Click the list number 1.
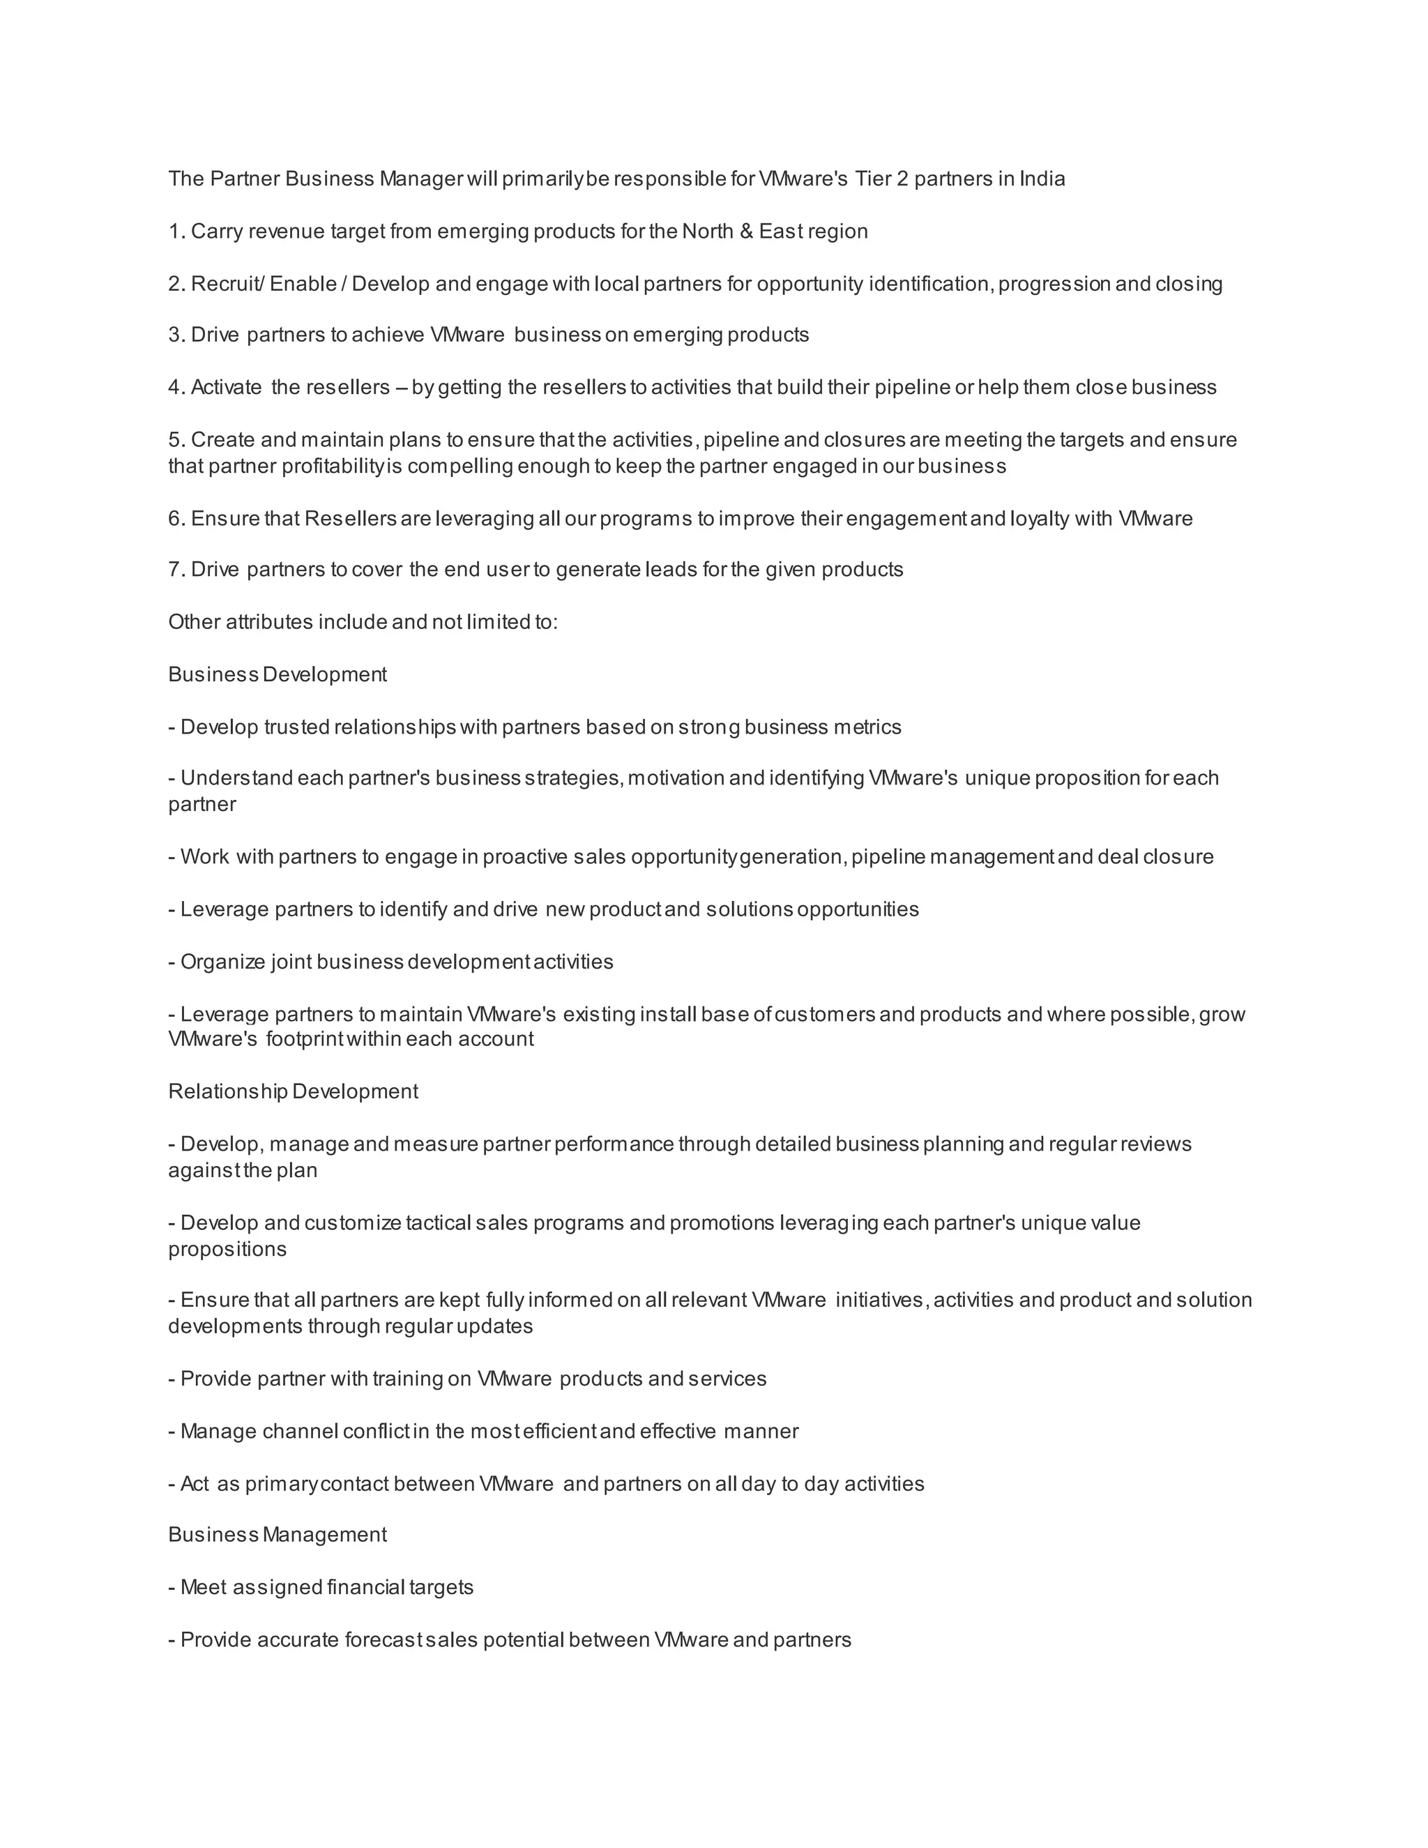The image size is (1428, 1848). [175, 232]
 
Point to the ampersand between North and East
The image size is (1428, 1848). [746, 232]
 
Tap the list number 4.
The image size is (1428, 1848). [175, 388]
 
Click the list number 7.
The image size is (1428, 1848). [175, 570]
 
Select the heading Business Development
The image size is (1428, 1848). [278, 675]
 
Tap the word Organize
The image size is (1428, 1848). [222, 962]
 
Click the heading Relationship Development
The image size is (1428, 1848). [293, 1092]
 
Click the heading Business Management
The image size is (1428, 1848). [278, 1535]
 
